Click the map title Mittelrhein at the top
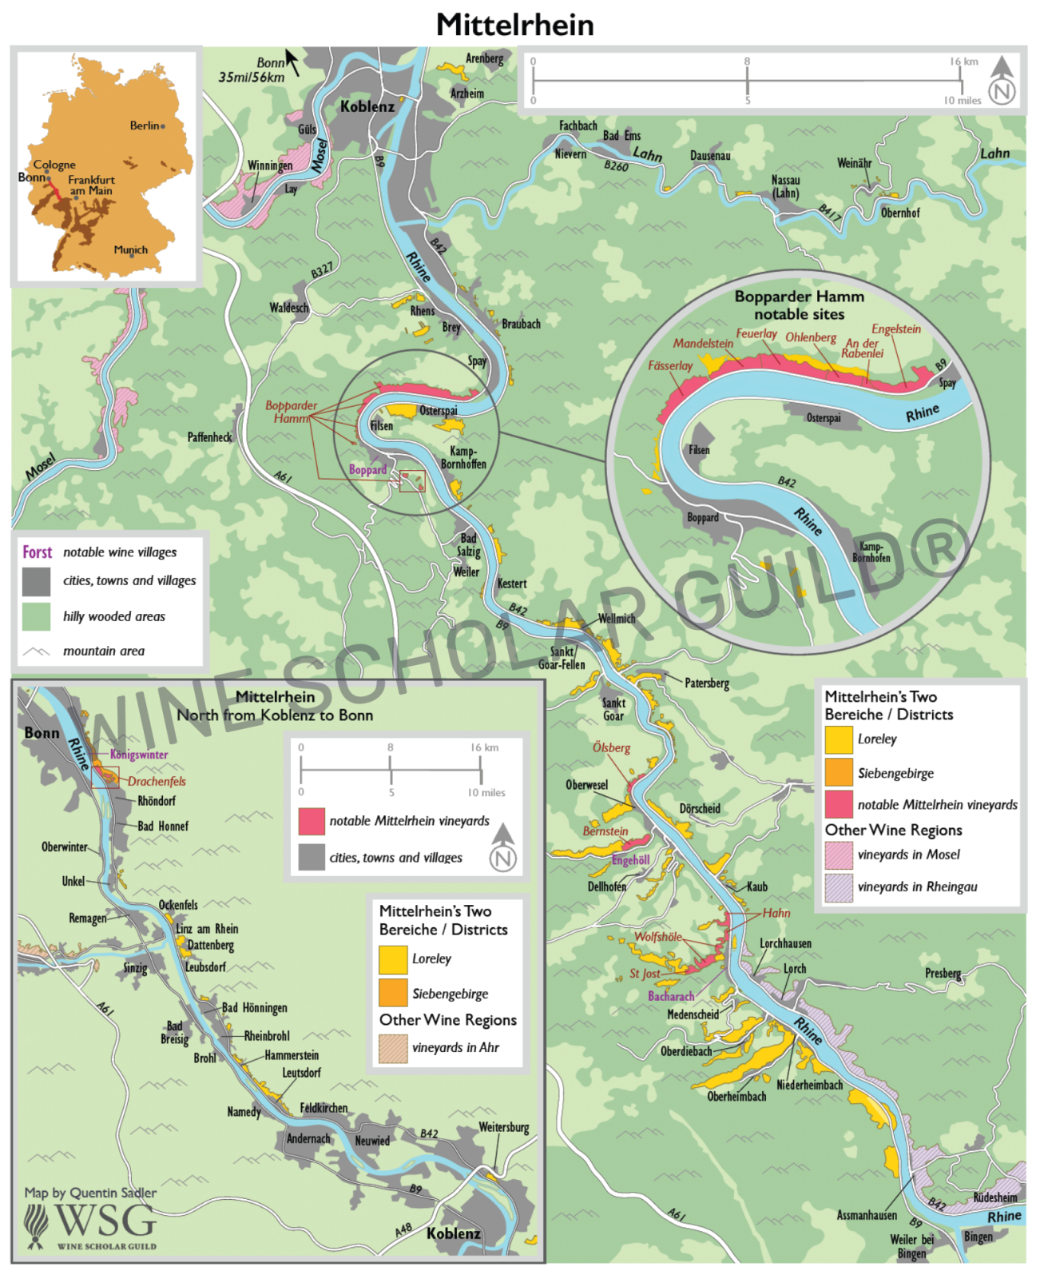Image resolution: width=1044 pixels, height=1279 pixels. (x=514, y=25)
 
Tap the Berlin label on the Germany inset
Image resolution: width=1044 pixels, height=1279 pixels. (x=145, y=126)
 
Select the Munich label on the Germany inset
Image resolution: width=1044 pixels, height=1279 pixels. (x=130, y=249)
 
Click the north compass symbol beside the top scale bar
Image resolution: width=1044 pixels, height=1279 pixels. (x=1002, y=82)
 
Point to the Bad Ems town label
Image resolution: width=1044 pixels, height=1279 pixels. (x=621, y=136)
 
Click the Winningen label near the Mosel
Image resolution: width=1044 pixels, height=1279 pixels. (x=269, y=166)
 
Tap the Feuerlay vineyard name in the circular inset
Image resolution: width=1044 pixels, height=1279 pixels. (x=756, y=333)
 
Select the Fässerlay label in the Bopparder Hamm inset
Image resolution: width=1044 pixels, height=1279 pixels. (x=669, y=365)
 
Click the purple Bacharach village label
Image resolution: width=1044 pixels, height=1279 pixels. (x=670, y=996)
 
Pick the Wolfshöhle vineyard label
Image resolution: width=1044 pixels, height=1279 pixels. (x=657, y=937)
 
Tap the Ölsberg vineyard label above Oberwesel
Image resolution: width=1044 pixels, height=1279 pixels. (x=611, y=747)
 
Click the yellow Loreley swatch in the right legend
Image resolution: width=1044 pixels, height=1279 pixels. (x=838, y=740)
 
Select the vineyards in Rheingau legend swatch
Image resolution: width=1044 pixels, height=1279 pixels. (x=838, y=888)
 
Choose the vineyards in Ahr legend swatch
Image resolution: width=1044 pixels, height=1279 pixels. (x=392, y=1049)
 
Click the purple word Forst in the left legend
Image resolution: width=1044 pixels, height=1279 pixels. (x=37, y=552)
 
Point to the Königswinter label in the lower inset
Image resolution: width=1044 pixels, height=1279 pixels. (x=138, y=754)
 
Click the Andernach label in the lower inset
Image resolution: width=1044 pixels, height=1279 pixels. (x=308, y=1138)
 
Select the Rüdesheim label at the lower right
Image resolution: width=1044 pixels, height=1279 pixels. (x=994, y=1197)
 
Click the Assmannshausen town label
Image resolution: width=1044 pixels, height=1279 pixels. (x=866, y=1215)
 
